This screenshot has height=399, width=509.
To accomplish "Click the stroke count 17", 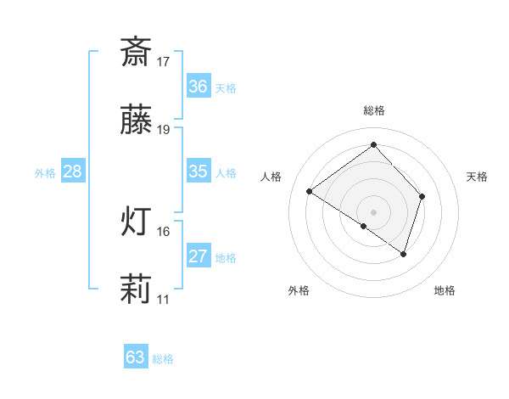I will pos(164,62).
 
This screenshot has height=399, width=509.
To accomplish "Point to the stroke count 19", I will pos(164,130).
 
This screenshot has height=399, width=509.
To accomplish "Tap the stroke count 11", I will pos(164,300).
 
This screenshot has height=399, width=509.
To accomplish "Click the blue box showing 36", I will pos(198,87).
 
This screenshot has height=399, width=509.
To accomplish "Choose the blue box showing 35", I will pos(198,171).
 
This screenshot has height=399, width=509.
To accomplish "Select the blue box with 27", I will pos(198,256).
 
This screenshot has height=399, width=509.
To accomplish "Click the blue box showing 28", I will pos(73,171).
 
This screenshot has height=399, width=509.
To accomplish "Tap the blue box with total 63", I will pos(136,357).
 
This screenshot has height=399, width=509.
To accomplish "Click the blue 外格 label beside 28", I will pos(45,173).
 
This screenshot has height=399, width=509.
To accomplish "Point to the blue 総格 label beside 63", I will pos(164,359).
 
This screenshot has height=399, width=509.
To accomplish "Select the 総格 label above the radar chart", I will pos(374,110).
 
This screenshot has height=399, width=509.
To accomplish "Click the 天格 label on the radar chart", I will pos(478,177).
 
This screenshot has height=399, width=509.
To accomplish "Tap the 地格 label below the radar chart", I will pos(445,291).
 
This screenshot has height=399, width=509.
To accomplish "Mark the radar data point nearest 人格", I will pos(310,192).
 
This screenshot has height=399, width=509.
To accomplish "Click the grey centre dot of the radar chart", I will pos(374,211).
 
